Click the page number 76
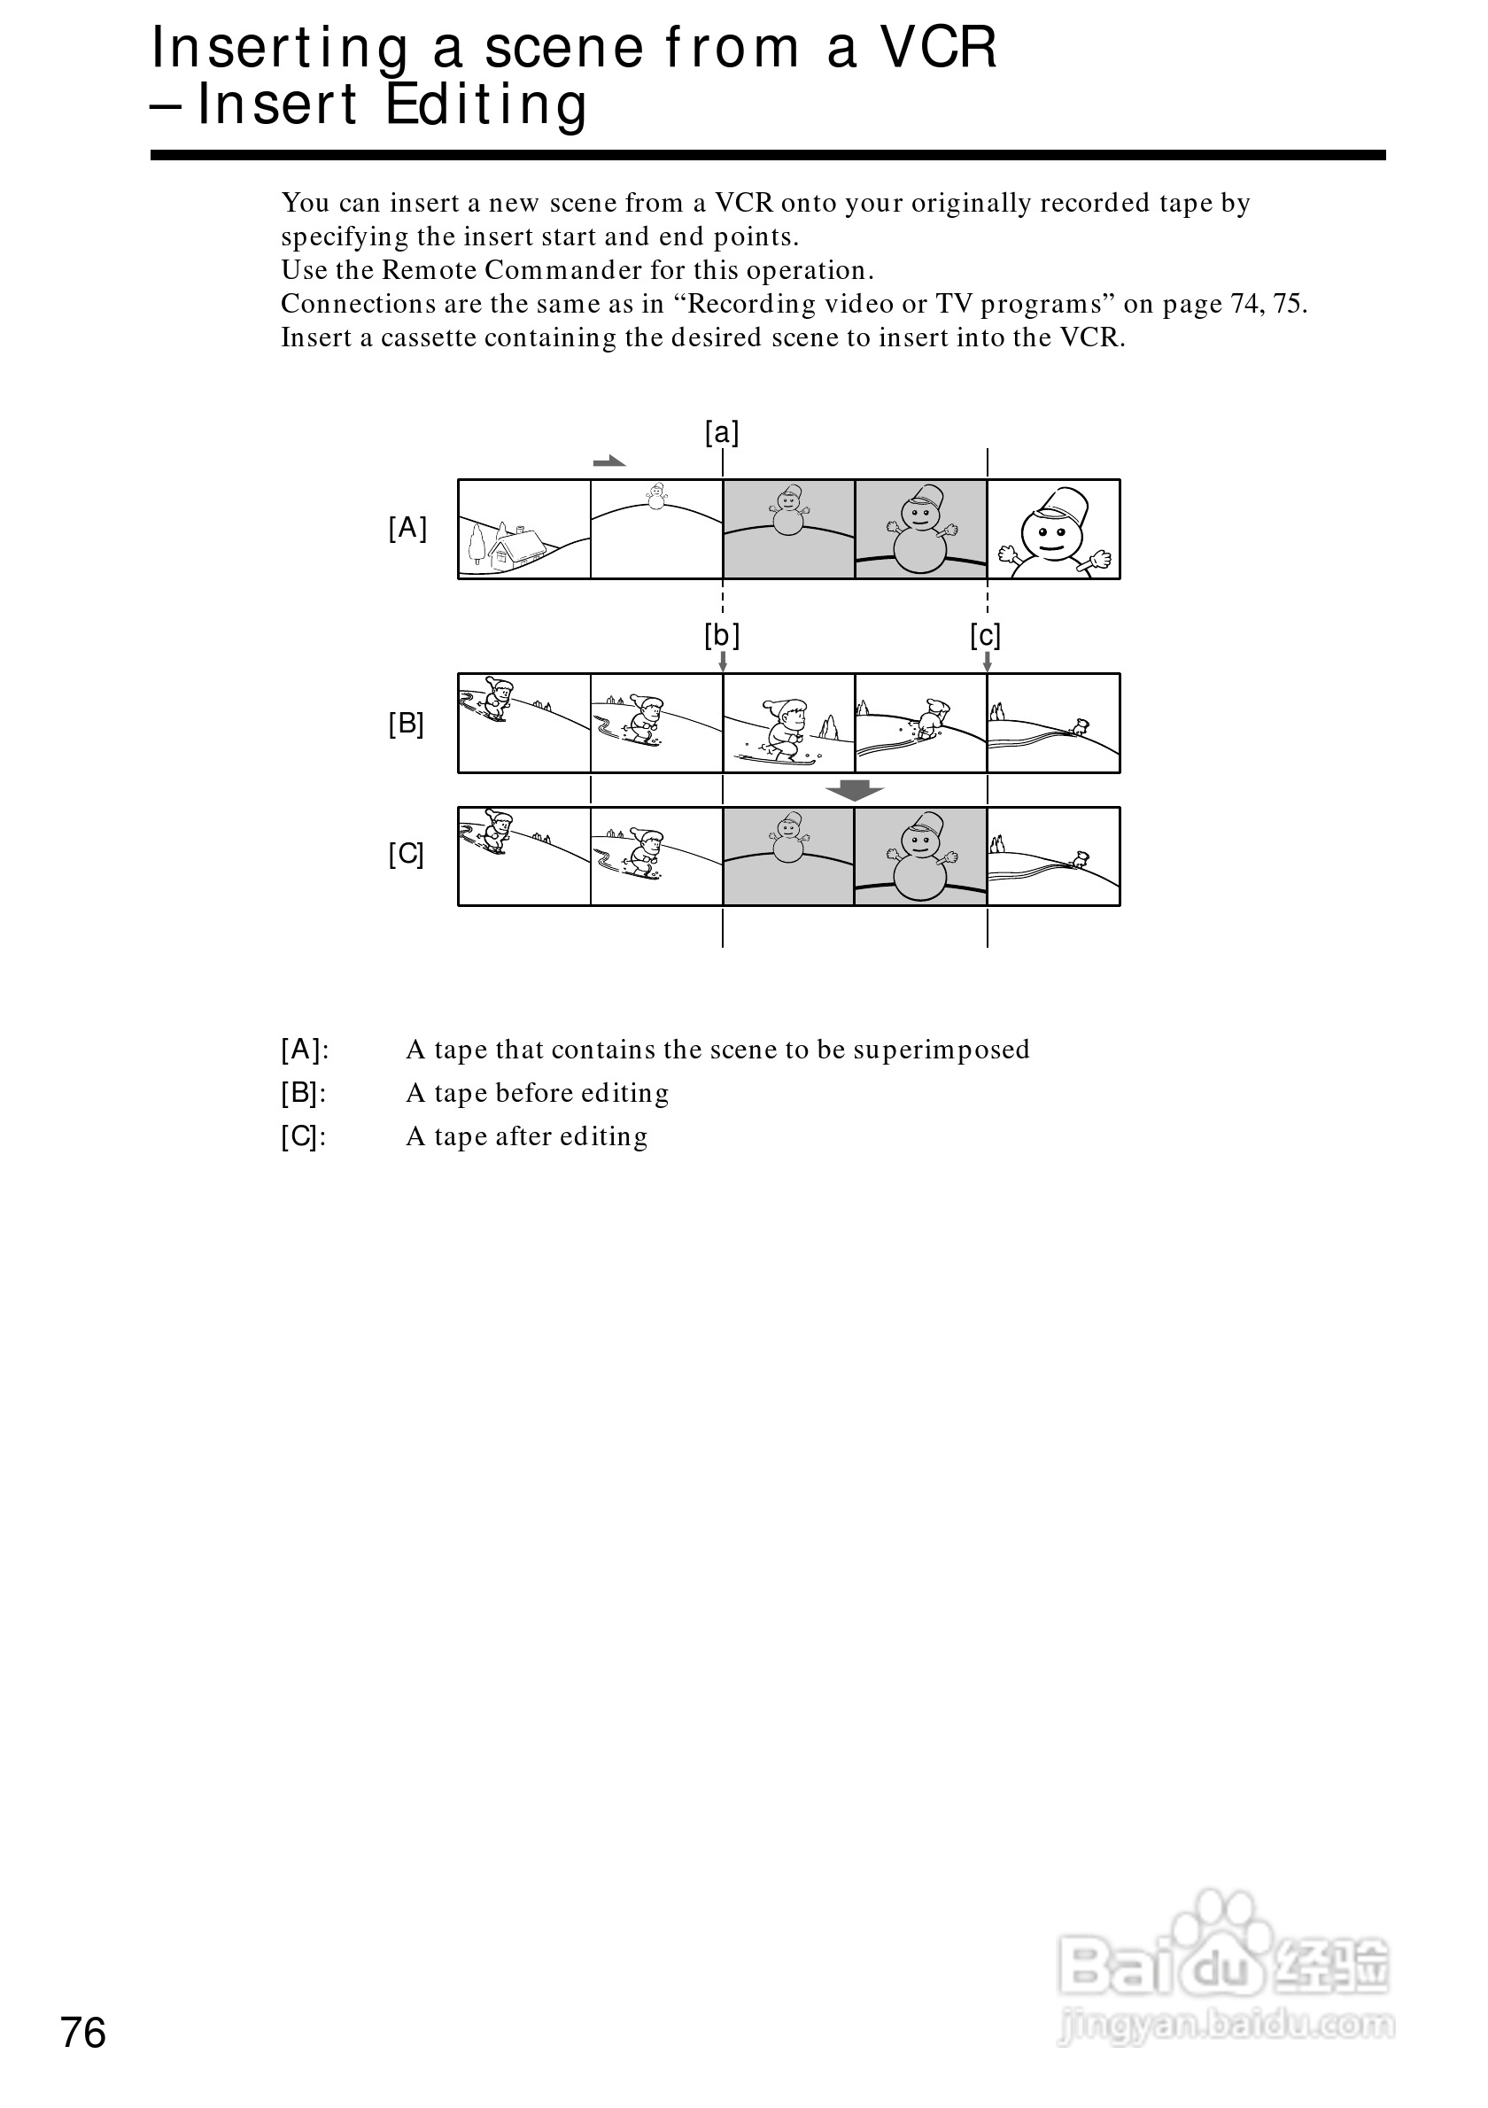(82, 2034)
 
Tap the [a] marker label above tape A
(722, 432)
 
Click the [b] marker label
(722, 635)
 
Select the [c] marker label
(985, 635)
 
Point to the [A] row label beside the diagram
(407, 528)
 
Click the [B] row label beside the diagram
(406, 725)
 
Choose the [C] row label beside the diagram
(406, 855)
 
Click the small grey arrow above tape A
(608, 461)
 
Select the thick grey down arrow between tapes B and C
(854, 789)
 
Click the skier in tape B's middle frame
(785, 728)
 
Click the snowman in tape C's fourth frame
(919, 859)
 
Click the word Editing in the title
(485, 105)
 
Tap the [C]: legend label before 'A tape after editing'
(304, 1136)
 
